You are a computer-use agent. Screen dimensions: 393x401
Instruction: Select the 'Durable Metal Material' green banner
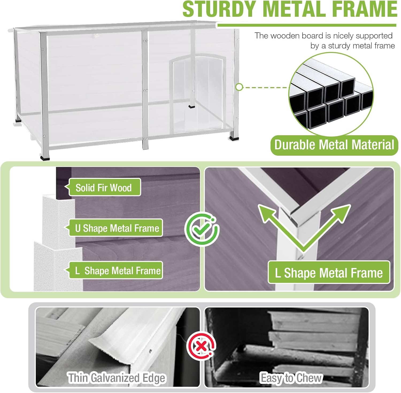[x=334, y=145]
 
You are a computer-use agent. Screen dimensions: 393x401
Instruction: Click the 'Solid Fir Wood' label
[x=104, y=188]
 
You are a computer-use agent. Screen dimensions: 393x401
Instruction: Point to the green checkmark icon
[x=202, y=229]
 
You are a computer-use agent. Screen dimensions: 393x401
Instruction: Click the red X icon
[x=201, y=347]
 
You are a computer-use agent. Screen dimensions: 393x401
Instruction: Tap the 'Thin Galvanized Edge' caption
[x=117, y=378]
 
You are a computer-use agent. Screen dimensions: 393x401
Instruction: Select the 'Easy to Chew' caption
[x=291, y=378]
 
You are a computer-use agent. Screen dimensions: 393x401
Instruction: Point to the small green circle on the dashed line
[x=239, y=87]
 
